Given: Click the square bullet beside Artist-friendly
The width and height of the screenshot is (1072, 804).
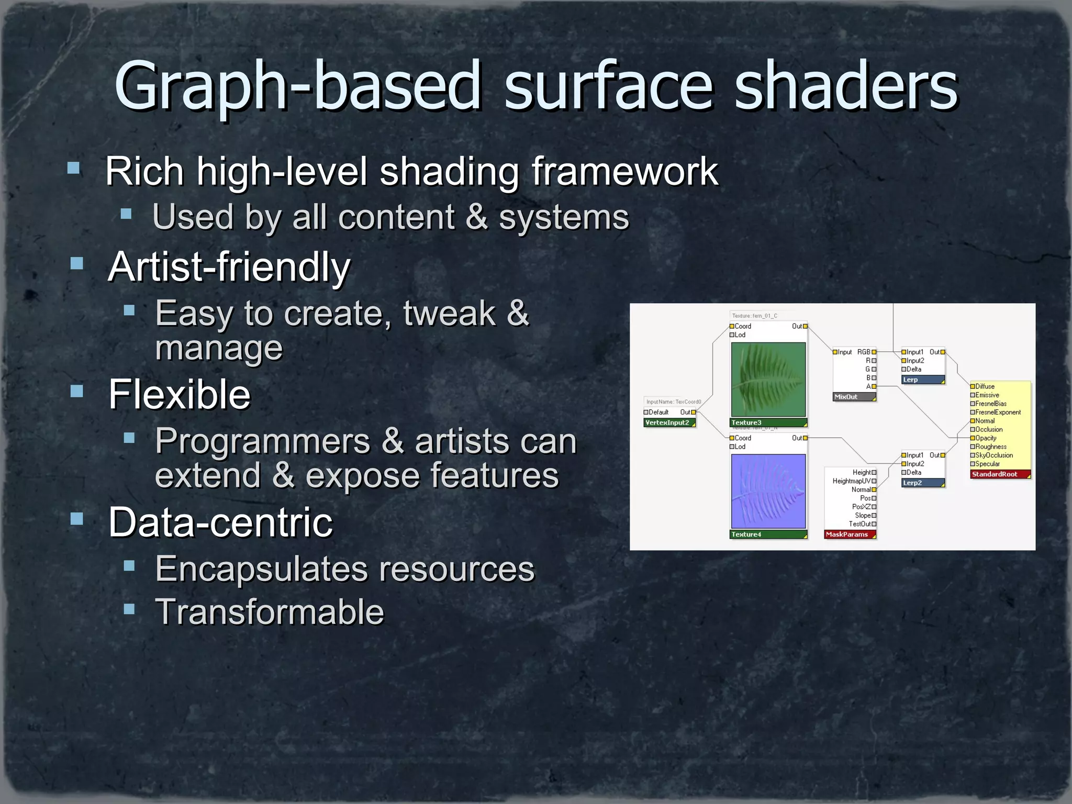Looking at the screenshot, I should tap(77, 263).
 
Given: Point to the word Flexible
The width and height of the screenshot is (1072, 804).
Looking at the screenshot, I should tap(179, 395).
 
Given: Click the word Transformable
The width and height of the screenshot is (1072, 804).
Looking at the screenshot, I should tap(270, 612).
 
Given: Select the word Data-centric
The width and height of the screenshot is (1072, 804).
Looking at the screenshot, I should tap(220, 522).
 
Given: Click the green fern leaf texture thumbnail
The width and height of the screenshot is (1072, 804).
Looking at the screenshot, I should tap(768, 379).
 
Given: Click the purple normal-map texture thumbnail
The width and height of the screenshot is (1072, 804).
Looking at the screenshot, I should tap(768, 491).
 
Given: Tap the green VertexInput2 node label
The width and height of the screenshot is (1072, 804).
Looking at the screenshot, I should tap(668, 422).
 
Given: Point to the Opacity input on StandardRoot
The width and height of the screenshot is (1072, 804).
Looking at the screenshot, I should tap(986, 438).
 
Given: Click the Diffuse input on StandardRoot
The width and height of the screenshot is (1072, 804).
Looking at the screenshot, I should tap(985, 386).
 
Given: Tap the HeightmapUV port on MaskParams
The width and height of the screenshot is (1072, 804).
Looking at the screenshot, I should tap(852, 481).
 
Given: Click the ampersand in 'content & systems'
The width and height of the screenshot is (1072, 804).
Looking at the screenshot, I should tap(476, 217).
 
